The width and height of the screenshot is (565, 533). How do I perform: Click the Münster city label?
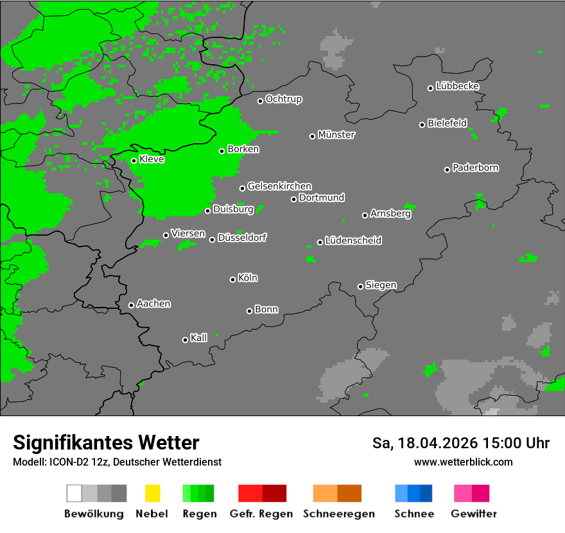[336, 135]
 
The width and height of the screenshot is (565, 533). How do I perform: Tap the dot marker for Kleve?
[134, 161]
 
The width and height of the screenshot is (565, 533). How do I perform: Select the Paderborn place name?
[475, 168]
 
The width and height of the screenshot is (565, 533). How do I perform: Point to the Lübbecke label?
[457, 86]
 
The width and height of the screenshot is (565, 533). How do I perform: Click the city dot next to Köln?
[232, 279]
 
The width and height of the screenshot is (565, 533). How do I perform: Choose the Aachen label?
[153, 304]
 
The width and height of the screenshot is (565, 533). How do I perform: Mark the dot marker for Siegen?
[360, 286]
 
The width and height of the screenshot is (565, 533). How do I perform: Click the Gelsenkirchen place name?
[279, 186]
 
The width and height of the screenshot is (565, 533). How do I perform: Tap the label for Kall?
[198, 338]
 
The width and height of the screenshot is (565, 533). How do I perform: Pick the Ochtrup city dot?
[260, 100]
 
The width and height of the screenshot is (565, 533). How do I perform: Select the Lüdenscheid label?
[353, 240]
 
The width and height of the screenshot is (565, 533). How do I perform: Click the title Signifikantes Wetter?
[106, 442]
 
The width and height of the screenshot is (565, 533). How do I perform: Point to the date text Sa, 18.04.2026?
[425, 443]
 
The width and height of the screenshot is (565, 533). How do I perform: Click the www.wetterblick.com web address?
[463, 462]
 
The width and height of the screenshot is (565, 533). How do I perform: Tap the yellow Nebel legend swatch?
[152, 493]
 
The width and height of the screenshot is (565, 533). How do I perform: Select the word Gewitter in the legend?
[473, 514]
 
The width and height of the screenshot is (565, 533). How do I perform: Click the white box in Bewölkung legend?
[74, 493]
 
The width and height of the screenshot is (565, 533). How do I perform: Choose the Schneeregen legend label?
[338, 514]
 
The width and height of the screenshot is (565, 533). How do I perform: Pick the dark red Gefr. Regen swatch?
[274, 493]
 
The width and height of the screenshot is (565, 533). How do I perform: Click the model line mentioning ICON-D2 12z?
[116, 462]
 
